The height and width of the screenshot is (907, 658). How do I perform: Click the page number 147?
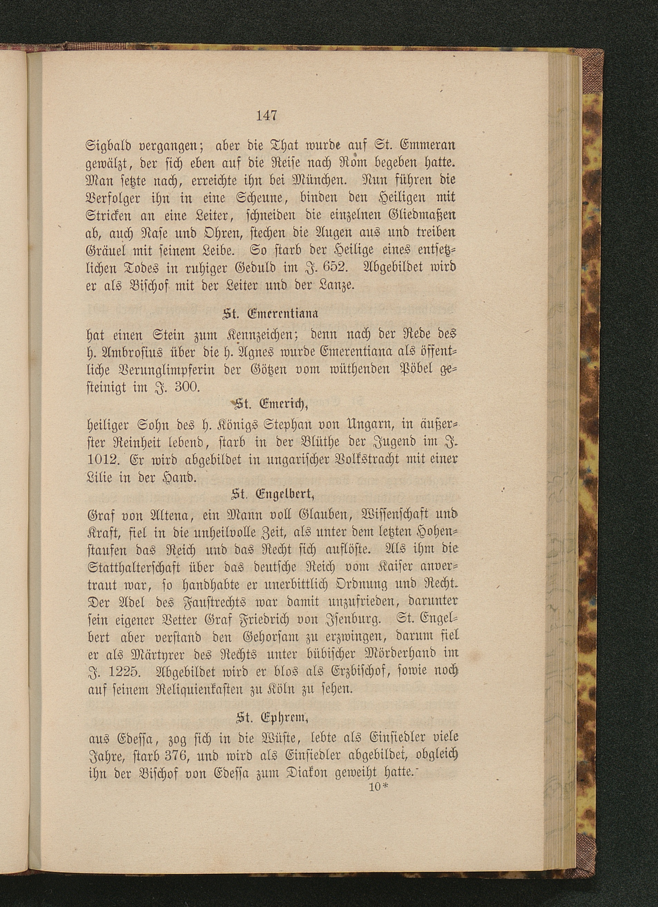coord(266,116)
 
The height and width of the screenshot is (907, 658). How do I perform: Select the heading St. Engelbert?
coord(272,496)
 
